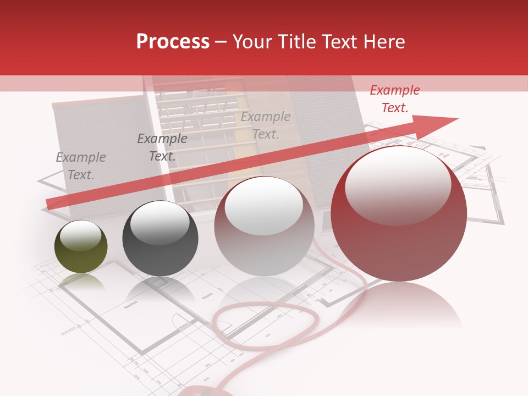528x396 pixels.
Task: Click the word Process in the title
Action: (173, 42)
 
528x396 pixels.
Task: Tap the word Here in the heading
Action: (384, 42)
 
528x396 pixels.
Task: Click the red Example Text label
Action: (395, 99)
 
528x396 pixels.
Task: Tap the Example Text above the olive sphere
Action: (81, 166)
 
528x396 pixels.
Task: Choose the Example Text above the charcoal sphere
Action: (162, 147)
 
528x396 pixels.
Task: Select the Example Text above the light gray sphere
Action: (266, 125)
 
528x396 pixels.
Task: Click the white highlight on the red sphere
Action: (398, 184)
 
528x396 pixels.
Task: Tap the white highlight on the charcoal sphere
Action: (159, 222)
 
